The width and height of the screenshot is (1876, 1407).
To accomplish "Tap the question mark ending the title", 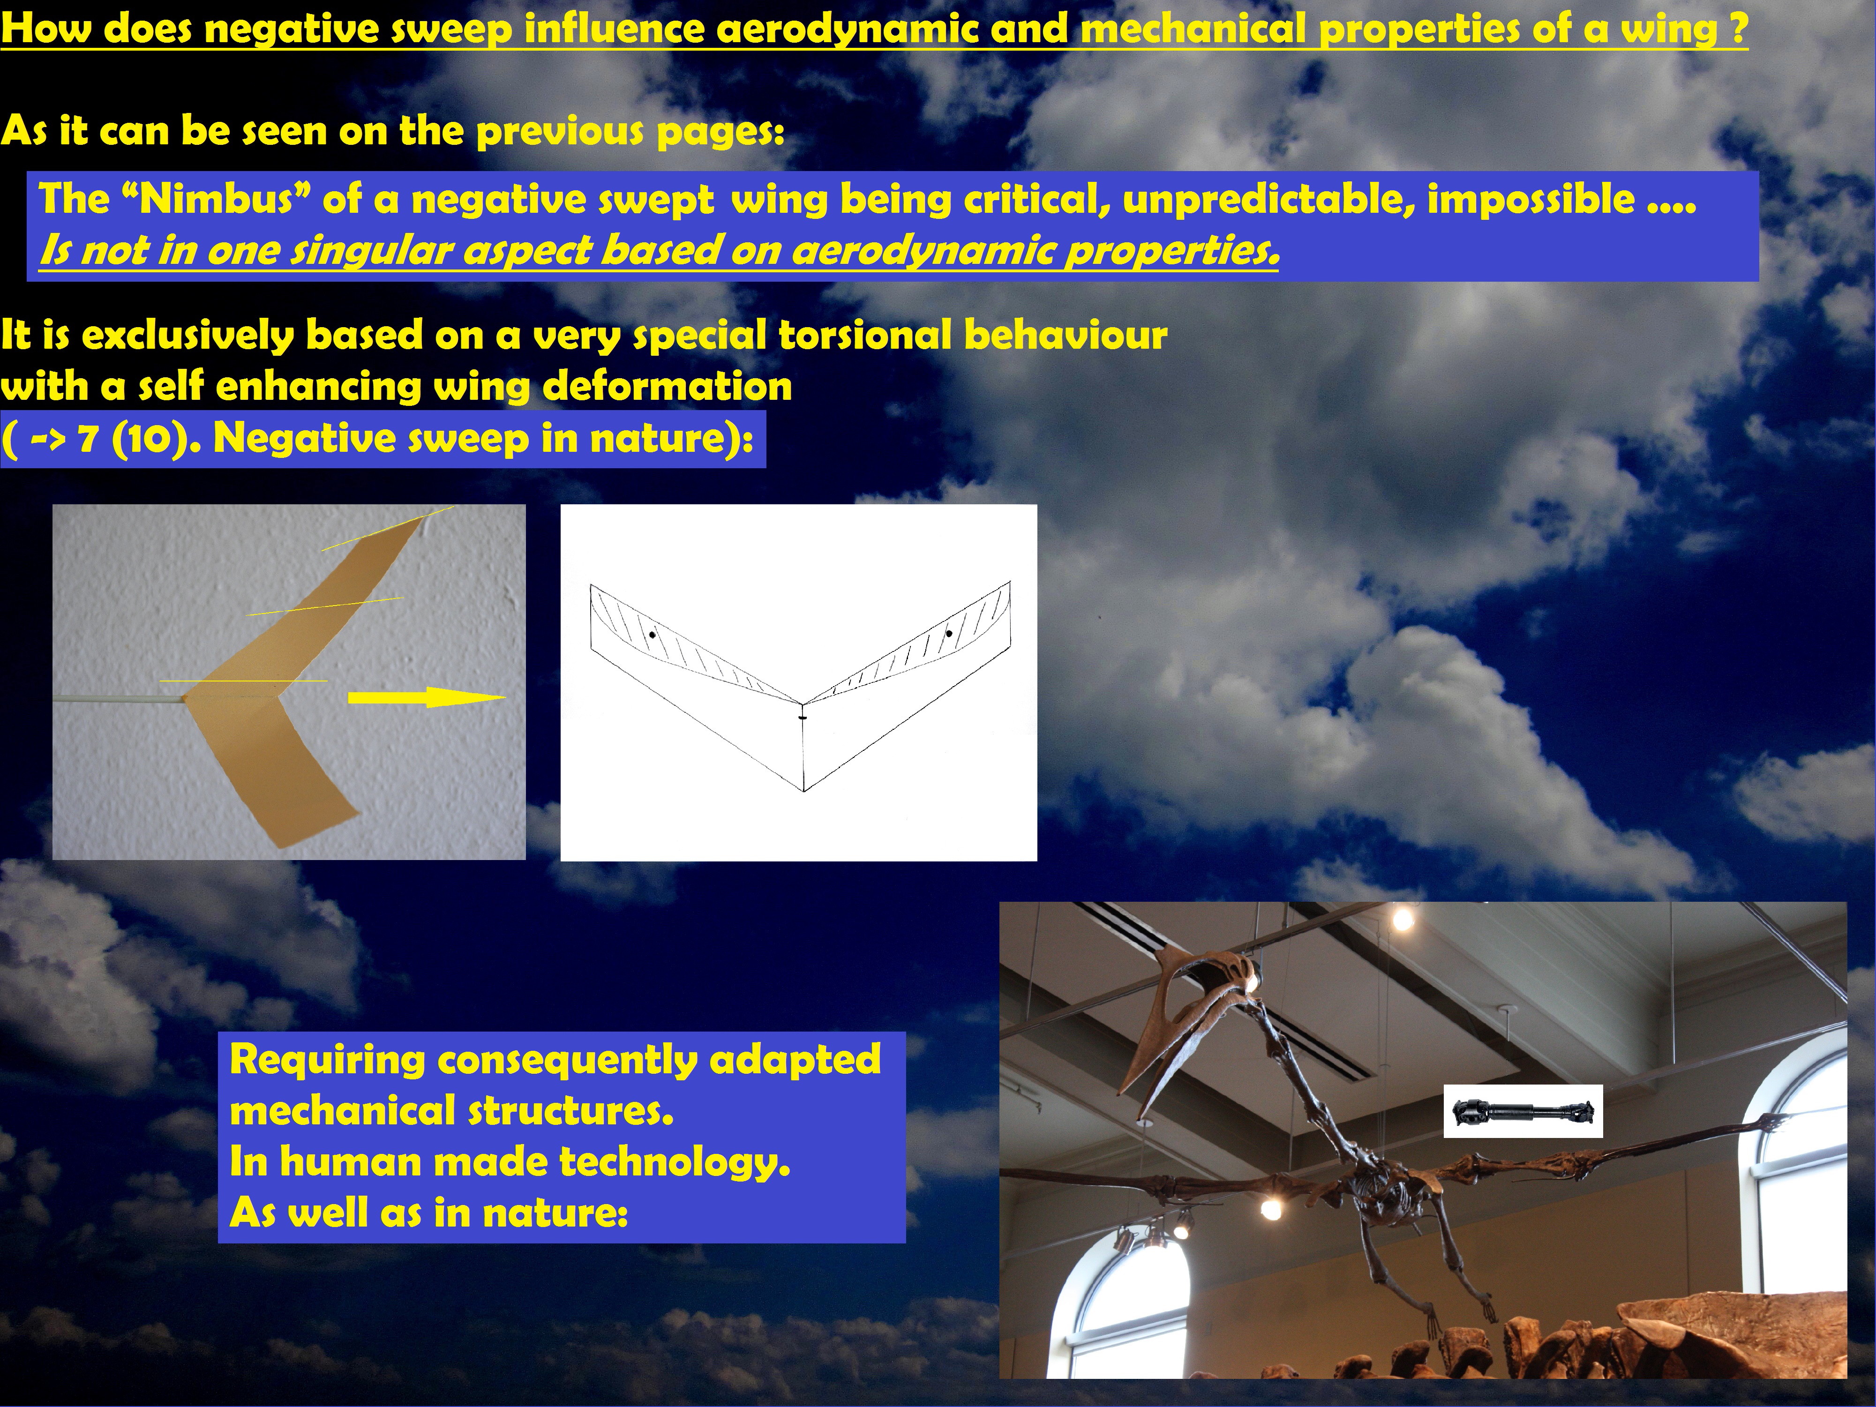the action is click(x=1738, y=29).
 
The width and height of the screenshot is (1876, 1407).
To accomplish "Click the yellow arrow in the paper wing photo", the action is click(x=427, y=698).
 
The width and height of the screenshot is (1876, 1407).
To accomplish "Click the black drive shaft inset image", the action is click(x=1523, y=1111).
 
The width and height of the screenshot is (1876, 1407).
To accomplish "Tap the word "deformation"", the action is click(x=668, y=387).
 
